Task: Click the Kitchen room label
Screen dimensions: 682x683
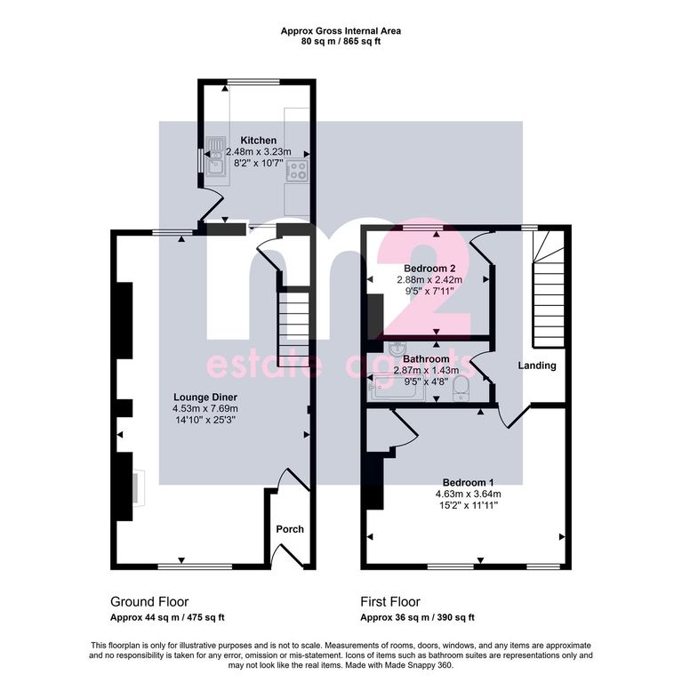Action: (258, 141)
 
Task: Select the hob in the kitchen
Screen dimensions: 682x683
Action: (297, 171)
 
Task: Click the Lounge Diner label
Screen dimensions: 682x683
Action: (205, 398)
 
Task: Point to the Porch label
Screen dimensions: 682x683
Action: (290, 529)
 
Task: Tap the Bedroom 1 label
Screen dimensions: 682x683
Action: (469, 483)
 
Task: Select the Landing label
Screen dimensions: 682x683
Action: (537, 366)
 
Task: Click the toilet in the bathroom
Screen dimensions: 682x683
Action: (461, 388)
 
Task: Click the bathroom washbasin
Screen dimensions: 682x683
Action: (397, 349)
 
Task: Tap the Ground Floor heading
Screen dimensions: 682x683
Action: (149, 602)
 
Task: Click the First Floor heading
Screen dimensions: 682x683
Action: (390, 602)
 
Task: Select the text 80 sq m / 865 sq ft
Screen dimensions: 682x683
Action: (341, 42)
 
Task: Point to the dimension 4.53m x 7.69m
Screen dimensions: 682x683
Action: (205, 408)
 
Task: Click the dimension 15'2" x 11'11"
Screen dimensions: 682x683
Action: (469, 505)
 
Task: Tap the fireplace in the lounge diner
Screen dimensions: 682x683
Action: (139, 487)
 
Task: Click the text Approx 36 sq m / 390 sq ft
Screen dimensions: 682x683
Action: (417, 618)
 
